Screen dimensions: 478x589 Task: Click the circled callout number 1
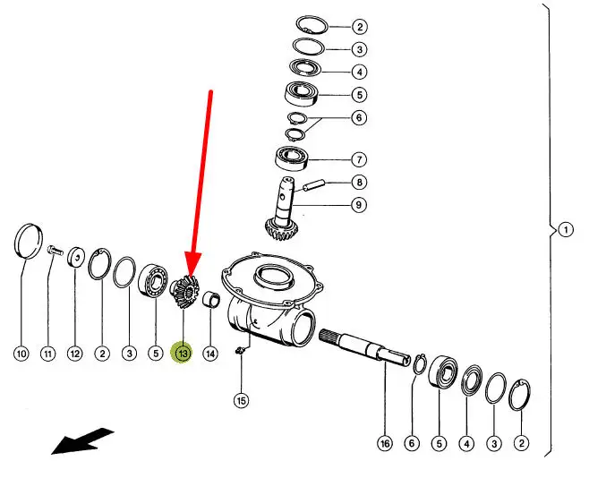tap(566, 230)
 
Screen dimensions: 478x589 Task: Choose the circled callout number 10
tap(21, 354)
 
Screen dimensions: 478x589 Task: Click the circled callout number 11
tap(47, 354)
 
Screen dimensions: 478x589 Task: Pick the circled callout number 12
tap(75, 354)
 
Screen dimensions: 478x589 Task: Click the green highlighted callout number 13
tap(183, 354)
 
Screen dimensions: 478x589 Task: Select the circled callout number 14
tap(210, 354)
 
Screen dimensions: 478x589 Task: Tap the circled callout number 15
tap(240, 400)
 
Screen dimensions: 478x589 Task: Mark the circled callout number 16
tap(385, 442)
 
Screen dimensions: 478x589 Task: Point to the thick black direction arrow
tap(82, 441)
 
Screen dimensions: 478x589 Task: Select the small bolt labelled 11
tap(53, 252)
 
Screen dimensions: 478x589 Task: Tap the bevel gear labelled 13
tap(185, 293)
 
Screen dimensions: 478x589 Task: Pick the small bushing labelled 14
tap(213, 298)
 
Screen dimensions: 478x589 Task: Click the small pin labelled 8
tap(314, 188)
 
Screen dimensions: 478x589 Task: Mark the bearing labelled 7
tap(293, 159)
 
